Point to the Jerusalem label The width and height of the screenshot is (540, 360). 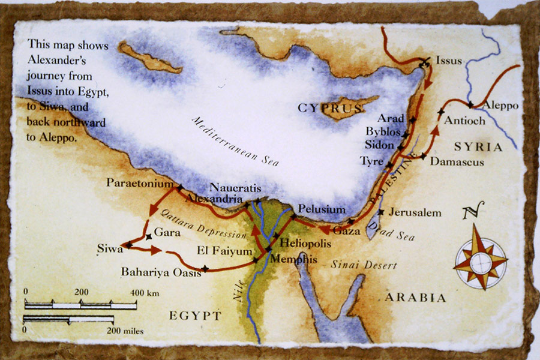point(415,212)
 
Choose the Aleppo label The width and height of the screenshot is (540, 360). point(500,105)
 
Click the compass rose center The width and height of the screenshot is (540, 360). point(481,263)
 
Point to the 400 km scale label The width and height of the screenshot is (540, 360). point(144,292)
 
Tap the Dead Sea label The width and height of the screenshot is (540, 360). point(393,230)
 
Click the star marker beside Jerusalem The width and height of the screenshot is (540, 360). point(380,212)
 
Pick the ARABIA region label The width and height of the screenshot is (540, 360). point(416,298)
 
